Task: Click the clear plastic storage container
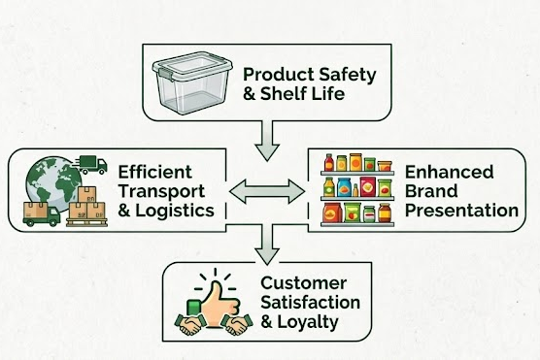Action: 192,82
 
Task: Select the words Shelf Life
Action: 302,93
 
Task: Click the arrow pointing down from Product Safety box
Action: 267,141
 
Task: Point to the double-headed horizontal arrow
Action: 267,191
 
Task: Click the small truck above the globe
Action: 90,165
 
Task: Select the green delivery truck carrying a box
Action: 42,214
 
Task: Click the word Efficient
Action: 155,172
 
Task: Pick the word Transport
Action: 161,192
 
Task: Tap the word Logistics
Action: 175,211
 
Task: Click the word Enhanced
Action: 449,172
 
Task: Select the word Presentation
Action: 462,211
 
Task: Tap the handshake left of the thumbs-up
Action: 189,324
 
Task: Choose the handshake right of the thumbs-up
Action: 237,324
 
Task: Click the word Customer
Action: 303,283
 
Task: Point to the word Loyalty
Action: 308,322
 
